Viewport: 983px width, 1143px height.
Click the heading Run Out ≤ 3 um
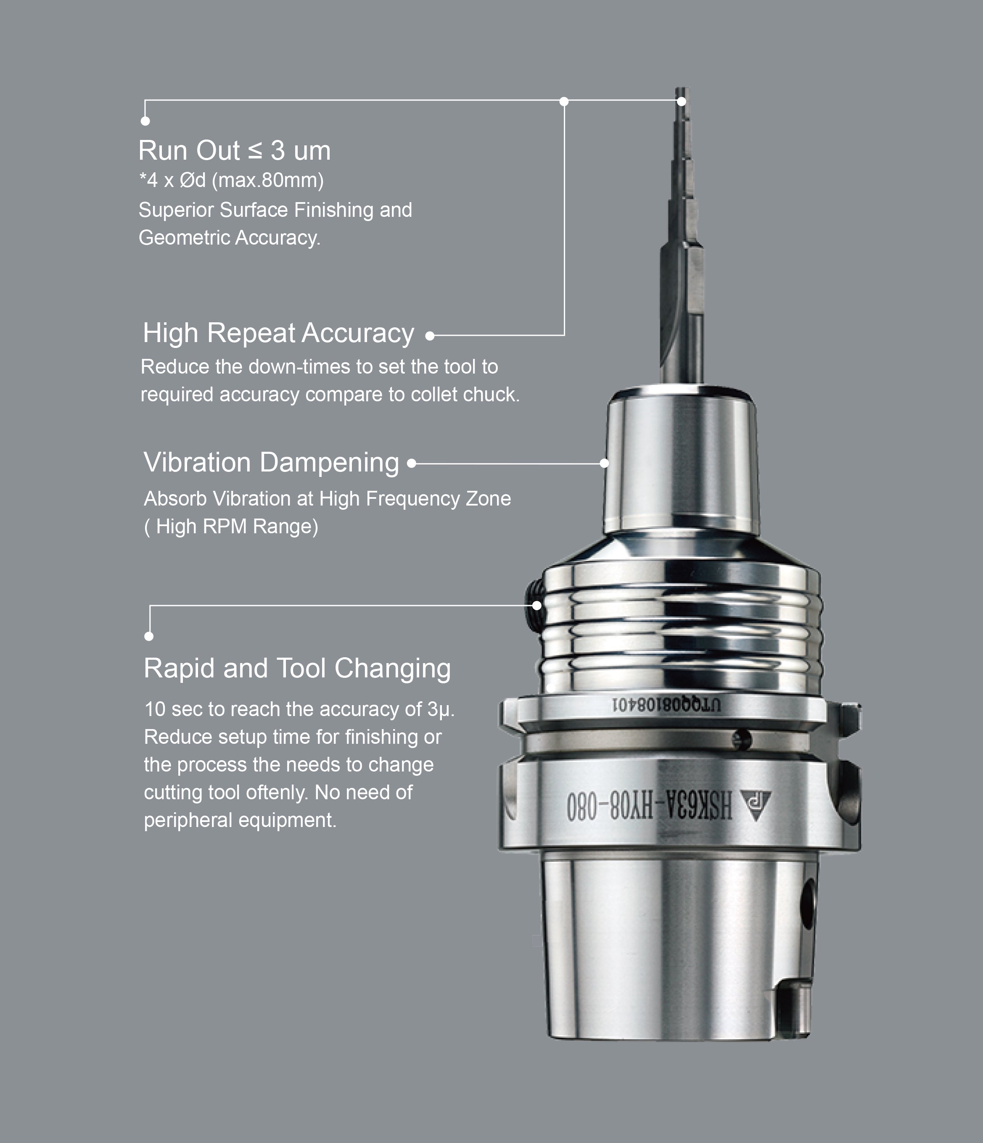click(235, 150)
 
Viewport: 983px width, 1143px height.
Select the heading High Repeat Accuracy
click(279, 333)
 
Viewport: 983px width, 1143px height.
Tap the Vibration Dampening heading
click(271, 462)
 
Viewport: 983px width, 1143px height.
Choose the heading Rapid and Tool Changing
click(298, 669)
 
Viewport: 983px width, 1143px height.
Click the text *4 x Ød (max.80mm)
click(231, 180)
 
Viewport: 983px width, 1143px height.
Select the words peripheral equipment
click(240, 820)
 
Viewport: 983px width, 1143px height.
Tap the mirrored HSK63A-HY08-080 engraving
click(650, 806)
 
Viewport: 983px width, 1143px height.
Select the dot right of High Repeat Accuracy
click(430, 335)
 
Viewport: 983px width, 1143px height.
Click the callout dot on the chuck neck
click(604, 464)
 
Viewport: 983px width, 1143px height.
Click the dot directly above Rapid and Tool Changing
click(149, 637)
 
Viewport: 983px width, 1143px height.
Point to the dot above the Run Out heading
click(145, 121)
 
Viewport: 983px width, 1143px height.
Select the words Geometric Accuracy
click(230, 238)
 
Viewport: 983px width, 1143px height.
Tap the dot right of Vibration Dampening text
click(411, 464)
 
